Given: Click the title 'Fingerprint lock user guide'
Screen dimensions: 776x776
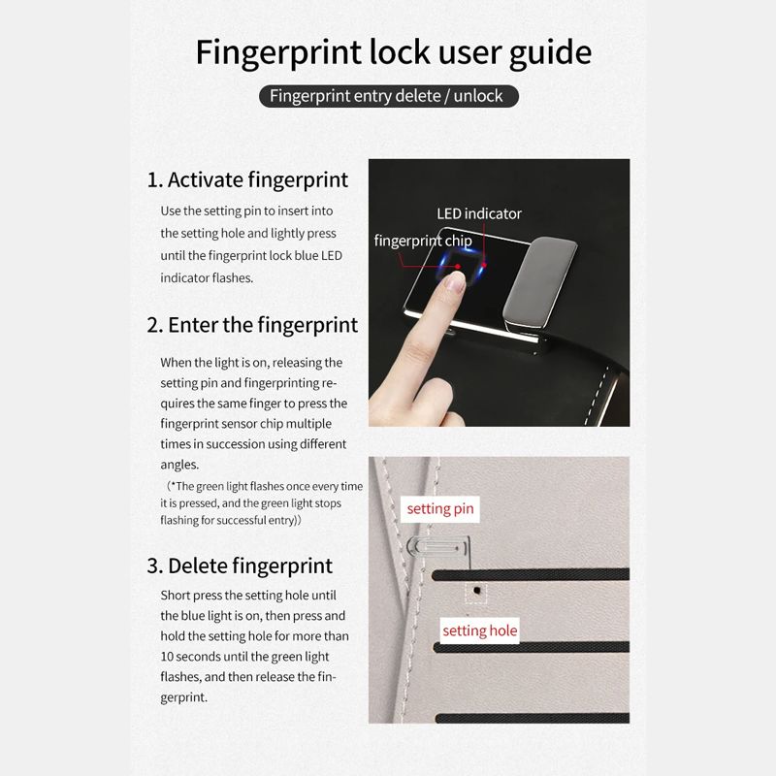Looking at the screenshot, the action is [394, 53].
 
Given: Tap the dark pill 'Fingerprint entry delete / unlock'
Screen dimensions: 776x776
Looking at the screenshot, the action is [389, 96].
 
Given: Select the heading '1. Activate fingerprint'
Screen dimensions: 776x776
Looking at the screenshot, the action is [247, 180].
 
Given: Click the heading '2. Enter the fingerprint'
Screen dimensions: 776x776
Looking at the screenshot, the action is [252, 326].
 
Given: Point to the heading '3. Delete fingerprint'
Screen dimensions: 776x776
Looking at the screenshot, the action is [240, 566].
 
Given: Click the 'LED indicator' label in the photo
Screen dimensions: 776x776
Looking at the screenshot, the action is [479, 213].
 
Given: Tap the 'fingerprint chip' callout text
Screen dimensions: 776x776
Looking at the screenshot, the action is [423, 241].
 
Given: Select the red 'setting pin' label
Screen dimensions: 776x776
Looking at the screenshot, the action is [440, 509].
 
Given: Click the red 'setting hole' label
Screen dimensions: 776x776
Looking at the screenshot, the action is [479, 631].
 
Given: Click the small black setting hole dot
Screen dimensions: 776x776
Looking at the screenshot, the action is [477, 591].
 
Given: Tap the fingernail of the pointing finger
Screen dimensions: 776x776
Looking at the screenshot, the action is [454, 282].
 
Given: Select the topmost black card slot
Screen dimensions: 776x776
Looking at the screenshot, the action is [531, 574].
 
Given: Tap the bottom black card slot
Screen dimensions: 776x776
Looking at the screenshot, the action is [532, 718].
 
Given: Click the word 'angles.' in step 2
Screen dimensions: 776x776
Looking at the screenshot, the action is [179, 466].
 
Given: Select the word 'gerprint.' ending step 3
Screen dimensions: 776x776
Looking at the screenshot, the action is [184, 697].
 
